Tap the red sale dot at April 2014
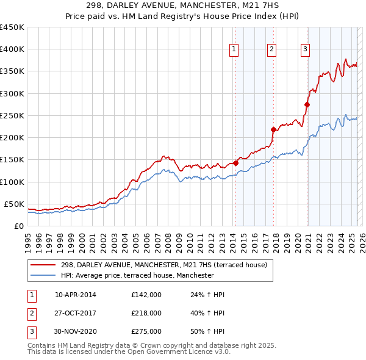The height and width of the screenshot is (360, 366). pos(235,163)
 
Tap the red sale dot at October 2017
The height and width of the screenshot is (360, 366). pos(274,129)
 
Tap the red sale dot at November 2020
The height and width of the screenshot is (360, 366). pos(307,104)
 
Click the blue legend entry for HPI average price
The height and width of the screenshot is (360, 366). pos(137,275)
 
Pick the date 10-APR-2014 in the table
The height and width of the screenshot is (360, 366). pos(76,295)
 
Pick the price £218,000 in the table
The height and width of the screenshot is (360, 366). pos(146,313)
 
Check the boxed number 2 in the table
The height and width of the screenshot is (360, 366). pos(32,313)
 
